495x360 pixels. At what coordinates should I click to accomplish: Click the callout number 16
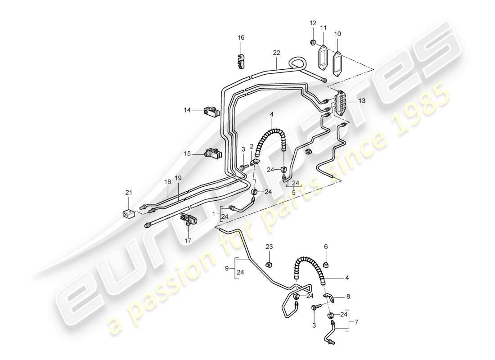tap(241, 38)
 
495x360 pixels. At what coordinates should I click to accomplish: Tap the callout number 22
tap(276, 53)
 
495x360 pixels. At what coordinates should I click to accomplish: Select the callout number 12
tap(313, 22)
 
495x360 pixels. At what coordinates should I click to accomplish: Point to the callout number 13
tap(362, 102)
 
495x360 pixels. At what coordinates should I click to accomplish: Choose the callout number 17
tap(188, 241)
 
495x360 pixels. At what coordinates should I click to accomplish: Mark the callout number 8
tap(347, 297)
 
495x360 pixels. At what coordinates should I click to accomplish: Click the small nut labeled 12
tap(312, 43)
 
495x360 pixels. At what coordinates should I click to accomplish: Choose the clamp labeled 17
tap(189, 221)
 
